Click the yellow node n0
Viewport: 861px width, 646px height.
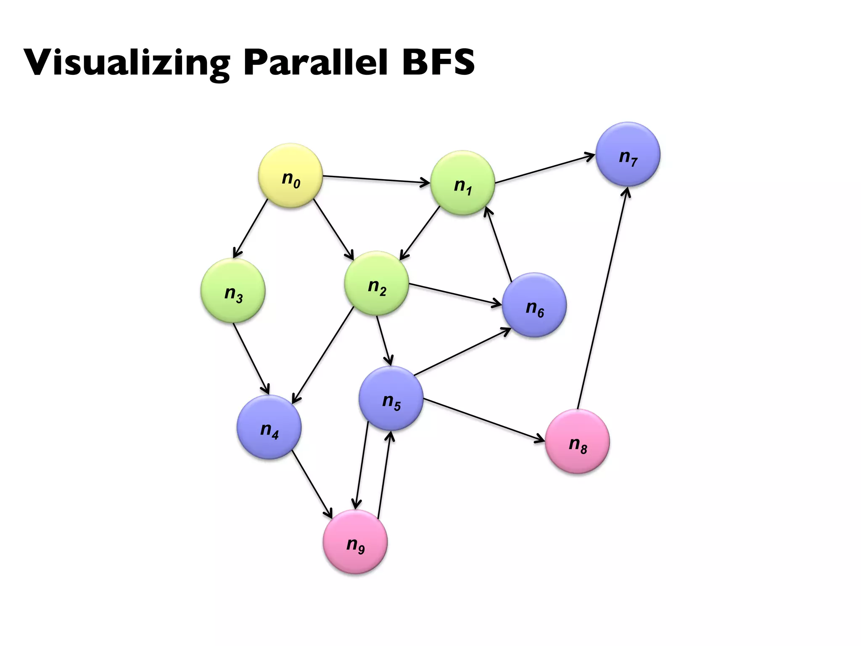tap(290, 175)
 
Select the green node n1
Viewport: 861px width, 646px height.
tap(462, 183)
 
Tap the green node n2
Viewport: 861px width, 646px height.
tap(376, 283)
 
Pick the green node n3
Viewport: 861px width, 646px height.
tap(233, 291)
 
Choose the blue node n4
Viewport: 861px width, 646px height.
tap(269, 427)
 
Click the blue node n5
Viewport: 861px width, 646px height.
tap(391, 398)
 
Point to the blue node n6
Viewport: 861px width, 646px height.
tap(534, 305)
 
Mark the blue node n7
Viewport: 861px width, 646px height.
tap(628, 154)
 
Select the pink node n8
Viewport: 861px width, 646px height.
tap(577, 441)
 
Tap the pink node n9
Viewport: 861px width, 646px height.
tap(355, 542)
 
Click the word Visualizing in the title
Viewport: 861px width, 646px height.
tap(127, 63)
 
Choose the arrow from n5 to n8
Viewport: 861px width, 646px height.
tap(483, 420)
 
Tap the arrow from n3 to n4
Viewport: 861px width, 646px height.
tap(251, 358)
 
